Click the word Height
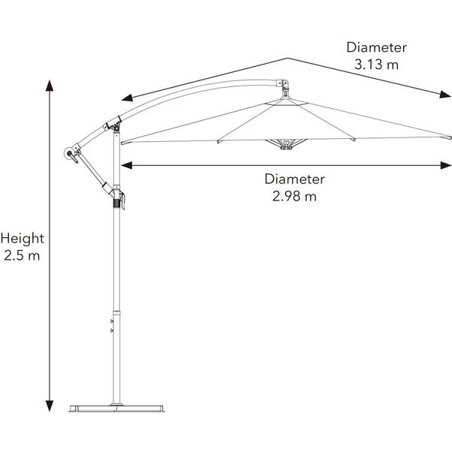pyautogui.click(x=23, y=239)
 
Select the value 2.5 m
pyautogui.click(x=22, y=255)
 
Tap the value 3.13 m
pyautogui.click(x=376, y=65)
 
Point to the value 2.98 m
pyautogui.click(x=294, y=196)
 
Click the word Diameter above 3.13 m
pyautogui.click(x=376, y=47)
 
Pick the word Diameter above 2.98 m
pyautogui.click(x=294, y=179)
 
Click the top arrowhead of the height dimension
pyautogui.click(x=50, y=86)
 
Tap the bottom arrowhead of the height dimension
pyautogui.click(x=50, y=405)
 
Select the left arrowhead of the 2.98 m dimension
pyautogui.click(x=127, y=165)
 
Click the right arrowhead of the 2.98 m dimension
pyautogui.click(x=446, y=165)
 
